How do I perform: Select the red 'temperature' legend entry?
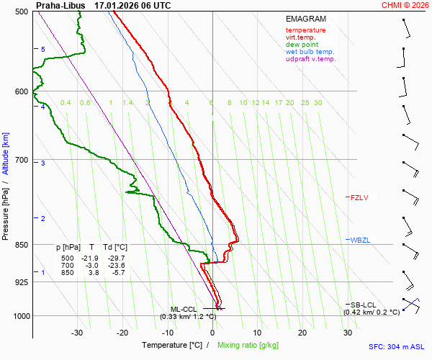305,30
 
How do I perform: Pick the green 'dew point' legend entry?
302,45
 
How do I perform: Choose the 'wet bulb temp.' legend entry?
310,52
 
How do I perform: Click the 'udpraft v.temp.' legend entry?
311,59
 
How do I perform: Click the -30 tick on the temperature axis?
77,333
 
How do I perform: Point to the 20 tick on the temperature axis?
302,333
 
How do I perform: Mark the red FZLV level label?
359,197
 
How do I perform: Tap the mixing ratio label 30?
318,103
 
